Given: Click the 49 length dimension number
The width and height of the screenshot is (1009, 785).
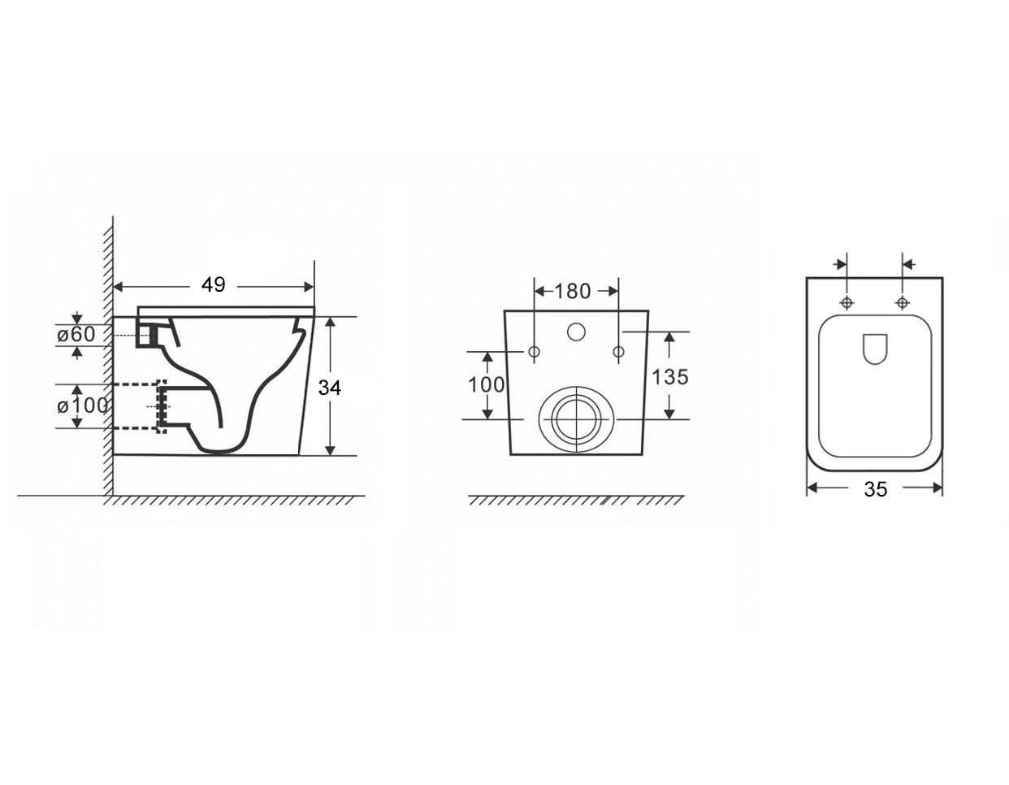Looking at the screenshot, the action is click(213, 284).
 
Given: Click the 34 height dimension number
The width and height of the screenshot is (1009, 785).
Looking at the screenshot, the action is click(329, 388).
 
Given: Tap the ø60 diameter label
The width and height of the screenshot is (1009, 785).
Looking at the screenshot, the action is click(76, 335).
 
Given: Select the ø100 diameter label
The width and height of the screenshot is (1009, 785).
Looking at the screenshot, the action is click(82, 406).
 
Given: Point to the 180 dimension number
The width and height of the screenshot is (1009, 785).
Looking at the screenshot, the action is click(573, 291).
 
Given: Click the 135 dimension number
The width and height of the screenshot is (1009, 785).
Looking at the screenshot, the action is click(670, 377).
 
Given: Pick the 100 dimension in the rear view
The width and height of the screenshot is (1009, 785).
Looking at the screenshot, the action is click(486, 384).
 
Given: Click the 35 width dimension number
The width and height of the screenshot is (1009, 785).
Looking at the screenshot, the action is click(875, 489).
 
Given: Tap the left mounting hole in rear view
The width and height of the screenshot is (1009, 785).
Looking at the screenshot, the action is click(535, 352).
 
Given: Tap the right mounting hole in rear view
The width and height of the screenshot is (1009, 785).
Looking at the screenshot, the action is click(618, 352).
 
